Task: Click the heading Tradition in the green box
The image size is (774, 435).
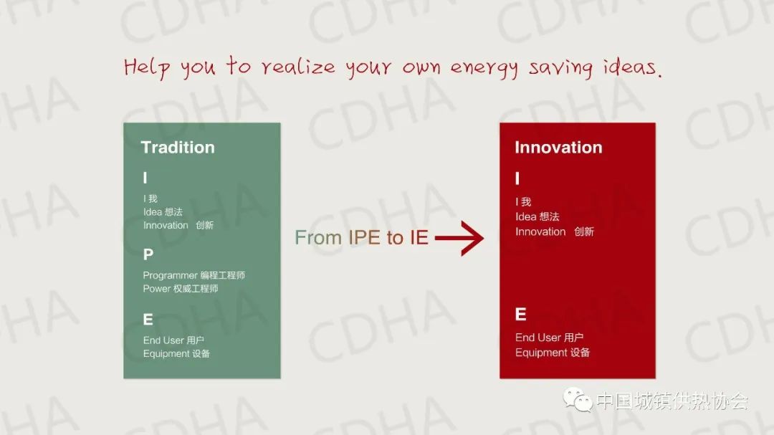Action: pyautogui.click(x=178, y=147)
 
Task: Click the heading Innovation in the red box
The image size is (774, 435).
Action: pyautogui.click(x=558, y=147)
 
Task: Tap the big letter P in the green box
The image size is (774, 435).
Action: pyautogui.click(x=148, y=254)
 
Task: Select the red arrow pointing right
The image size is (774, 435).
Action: pyautogui.click(x=459, y=238)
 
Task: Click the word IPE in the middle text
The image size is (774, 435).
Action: pyautogui.click(x=364, y=237)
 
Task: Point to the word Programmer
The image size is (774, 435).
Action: pyautogui.click(x=171, y=276)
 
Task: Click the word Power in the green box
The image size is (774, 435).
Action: pyautogui.click(x=156, y=288)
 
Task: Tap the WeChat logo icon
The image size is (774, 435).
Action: pyautogui.click(x=578, y=399)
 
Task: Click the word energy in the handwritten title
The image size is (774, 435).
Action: pyautogui.click(x=484, y=68)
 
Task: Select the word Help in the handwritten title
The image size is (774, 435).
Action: pyautogui.click(x=147, y=67)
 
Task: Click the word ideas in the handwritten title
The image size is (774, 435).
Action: pyautogui.click(x=632, y=66)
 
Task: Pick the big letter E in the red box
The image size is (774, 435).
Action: pyautogui.click(x=520, y=314)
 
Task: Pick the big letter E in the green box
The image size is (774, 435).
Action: pyautogui.click(x=148, y=320)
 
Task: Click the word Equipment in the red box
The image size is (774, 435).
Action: pyautogui.click(x=540, y=353)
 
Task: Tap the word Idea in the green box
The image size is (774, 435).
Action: pyautogui.click(x=153, y=212)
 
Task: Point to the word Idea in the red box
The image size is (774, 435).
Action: pyautogui.click(x=526, y=216)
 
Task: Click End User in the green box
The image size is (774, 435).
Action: pyautogui.click(x=163, y=340)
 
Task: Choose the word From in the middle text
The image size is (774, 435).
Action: pyautogui.click(x=318, y=238)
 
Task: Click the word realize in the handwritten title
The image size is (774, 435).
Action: pyautogui.click(x=298, y=66)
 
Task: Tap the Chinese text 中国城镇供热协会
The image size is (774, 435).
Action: pyautogui.click(x=672, y=401)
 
